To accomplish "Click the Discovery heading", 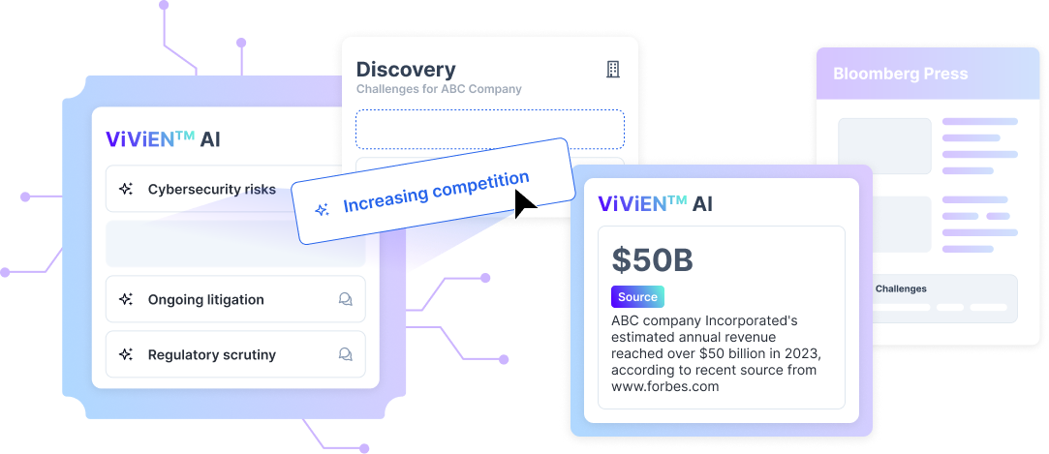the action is coord(406,70).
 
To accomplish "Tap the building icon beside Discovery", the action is coord(612,69).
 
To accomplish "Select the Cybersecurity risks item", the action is coord(211,190).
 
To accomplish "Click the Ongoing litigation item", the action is coord(205,300).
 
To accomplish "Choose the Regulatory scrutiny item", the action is coord(211,355).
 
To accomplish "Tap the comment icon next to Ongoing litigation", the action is coord(345,300).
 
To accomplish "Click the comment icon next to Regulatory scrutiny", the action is coord(345,355).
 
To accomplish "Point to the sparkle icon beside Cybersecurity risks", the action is coord(125,190).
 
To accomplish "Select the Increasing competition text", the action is coord(436,192).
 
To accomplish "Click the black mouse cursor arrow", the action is coord(524,203).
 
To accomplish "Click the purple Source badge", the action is coord(637,297).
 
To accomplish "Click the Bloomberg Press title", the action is coord(900,74).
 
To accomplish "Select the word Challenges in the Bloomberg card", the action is coord(901,288).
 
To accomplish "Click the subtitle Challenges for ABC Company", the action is coord(439,89).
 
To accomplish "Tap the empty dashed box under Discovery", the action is coord(489,129).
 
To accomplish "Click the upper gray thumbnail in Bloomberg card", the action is coord(884,146).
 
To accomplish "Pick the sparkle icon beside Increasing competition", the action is coord(324,209).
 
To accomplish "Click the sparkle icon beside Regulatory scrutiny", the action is coord(125,355).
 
